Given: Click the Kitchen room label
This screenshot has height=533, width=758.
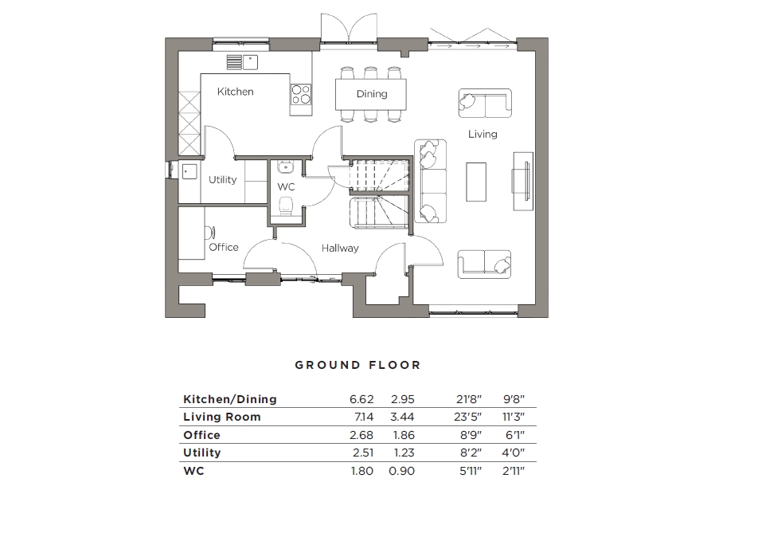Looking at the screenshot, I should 236,92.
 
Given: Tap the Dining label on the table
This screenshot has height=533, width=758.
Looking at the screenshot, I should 371,94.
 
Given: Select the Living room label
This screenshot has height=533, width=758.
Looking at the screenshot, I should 483,134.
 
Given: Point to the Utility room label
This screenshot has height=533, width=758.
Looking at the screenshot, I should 223,179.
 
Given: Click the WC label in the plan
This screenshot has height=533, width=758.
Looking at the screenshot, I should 286,186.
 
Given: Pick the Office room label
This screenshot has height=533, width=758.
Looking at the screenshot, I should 224,247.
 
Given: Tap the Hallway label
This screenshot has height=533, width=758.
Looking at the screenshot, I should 340,248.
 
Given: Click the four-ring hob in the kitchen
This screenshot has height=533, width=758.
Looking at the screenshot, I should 301,94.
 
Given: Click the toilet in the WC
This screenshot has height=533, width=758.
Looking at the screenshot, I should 287,209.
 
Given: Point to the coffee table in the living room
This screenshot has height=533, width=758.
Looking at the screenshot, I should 476,182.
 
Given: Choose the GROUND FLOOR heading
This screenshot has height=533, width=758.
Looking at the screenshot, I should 358,365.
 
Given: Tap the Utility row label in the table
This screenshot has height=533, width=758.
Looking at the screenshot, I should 202,453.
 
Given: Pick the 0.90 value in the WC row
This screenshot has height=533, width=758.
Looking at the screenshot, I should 402,471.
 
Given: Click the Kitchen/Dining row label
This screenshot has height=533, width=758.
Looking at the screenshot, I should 230,399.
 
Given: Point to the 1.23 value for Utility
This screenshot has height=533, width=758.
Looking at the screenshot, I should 402,453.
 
